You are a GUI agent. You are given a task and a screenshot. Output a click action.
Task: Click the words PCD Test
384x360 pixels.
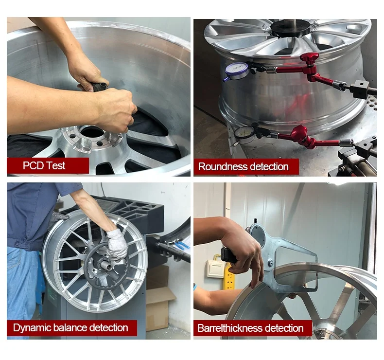pyautogui.click(x=44, y=165)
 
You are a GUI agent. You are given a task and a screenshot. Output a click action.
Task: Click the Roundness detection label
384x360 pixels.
pyautogui.click(x=244, y=167)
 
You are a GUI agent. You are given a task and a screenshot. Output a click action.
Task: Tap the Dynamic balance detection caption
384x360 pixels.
pyautogui.click(x=70, y=327)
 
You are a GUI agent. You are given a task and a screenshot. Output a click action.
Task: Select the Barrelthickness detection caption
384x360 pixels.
pyautogui.click(x=250, y=328)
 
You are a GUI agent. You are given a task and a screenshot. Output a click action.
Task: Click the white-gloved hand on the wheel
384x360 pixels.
pyautogui.click(x=117, y=245)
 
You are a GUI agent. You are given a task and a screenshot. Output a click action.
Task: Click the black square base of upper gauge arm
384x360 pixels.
pyautogui.click(x=360, y=89)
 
